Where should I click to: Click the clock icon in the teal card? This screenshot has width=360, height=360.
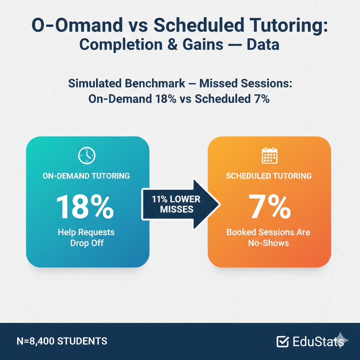[x=86, y=156]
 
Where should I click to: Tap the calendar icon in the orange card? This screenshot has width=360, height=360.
[x=270, y=155]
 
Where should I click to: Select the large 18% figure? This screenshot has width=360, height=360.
[x=85, y=207]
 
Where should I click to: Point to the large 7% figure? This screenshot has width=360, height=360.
[x=270, y=207]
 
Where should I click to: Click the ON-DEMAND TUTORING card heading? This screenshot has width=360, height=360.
[x=86, y=176]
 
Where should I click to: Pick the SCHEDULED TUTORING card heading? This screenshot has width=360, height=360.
[x=269, y=176]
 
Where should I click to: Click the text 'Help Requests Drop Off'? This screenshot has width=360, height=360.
[x=86, y=237]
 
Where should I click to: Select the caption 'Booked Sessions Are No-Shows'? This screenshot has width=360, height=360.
[x=268, y=237]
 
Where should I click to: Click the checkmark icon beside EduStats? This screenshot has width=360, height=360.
[x=283, y=341]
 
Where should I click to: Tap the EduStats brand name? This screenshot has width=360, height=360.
[x=318, y=341]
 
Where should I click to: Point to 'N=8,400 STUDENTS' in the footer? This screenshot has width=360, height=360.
[x=62, y=341]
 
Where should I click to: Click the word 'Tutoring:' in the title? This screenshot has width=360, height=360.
[x=289, y=25]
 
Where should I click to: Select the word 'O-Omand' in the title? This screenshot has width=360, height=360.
[x=77, y=25]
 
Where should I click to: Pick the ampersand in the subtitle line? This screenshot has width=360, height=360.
[x=172, y=45]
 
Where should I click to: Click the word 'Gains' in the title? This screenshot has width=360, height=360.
[x=203, y=45]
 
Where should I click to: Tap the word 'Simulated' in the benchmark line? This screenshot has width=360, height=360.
[x=95, y=84]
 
